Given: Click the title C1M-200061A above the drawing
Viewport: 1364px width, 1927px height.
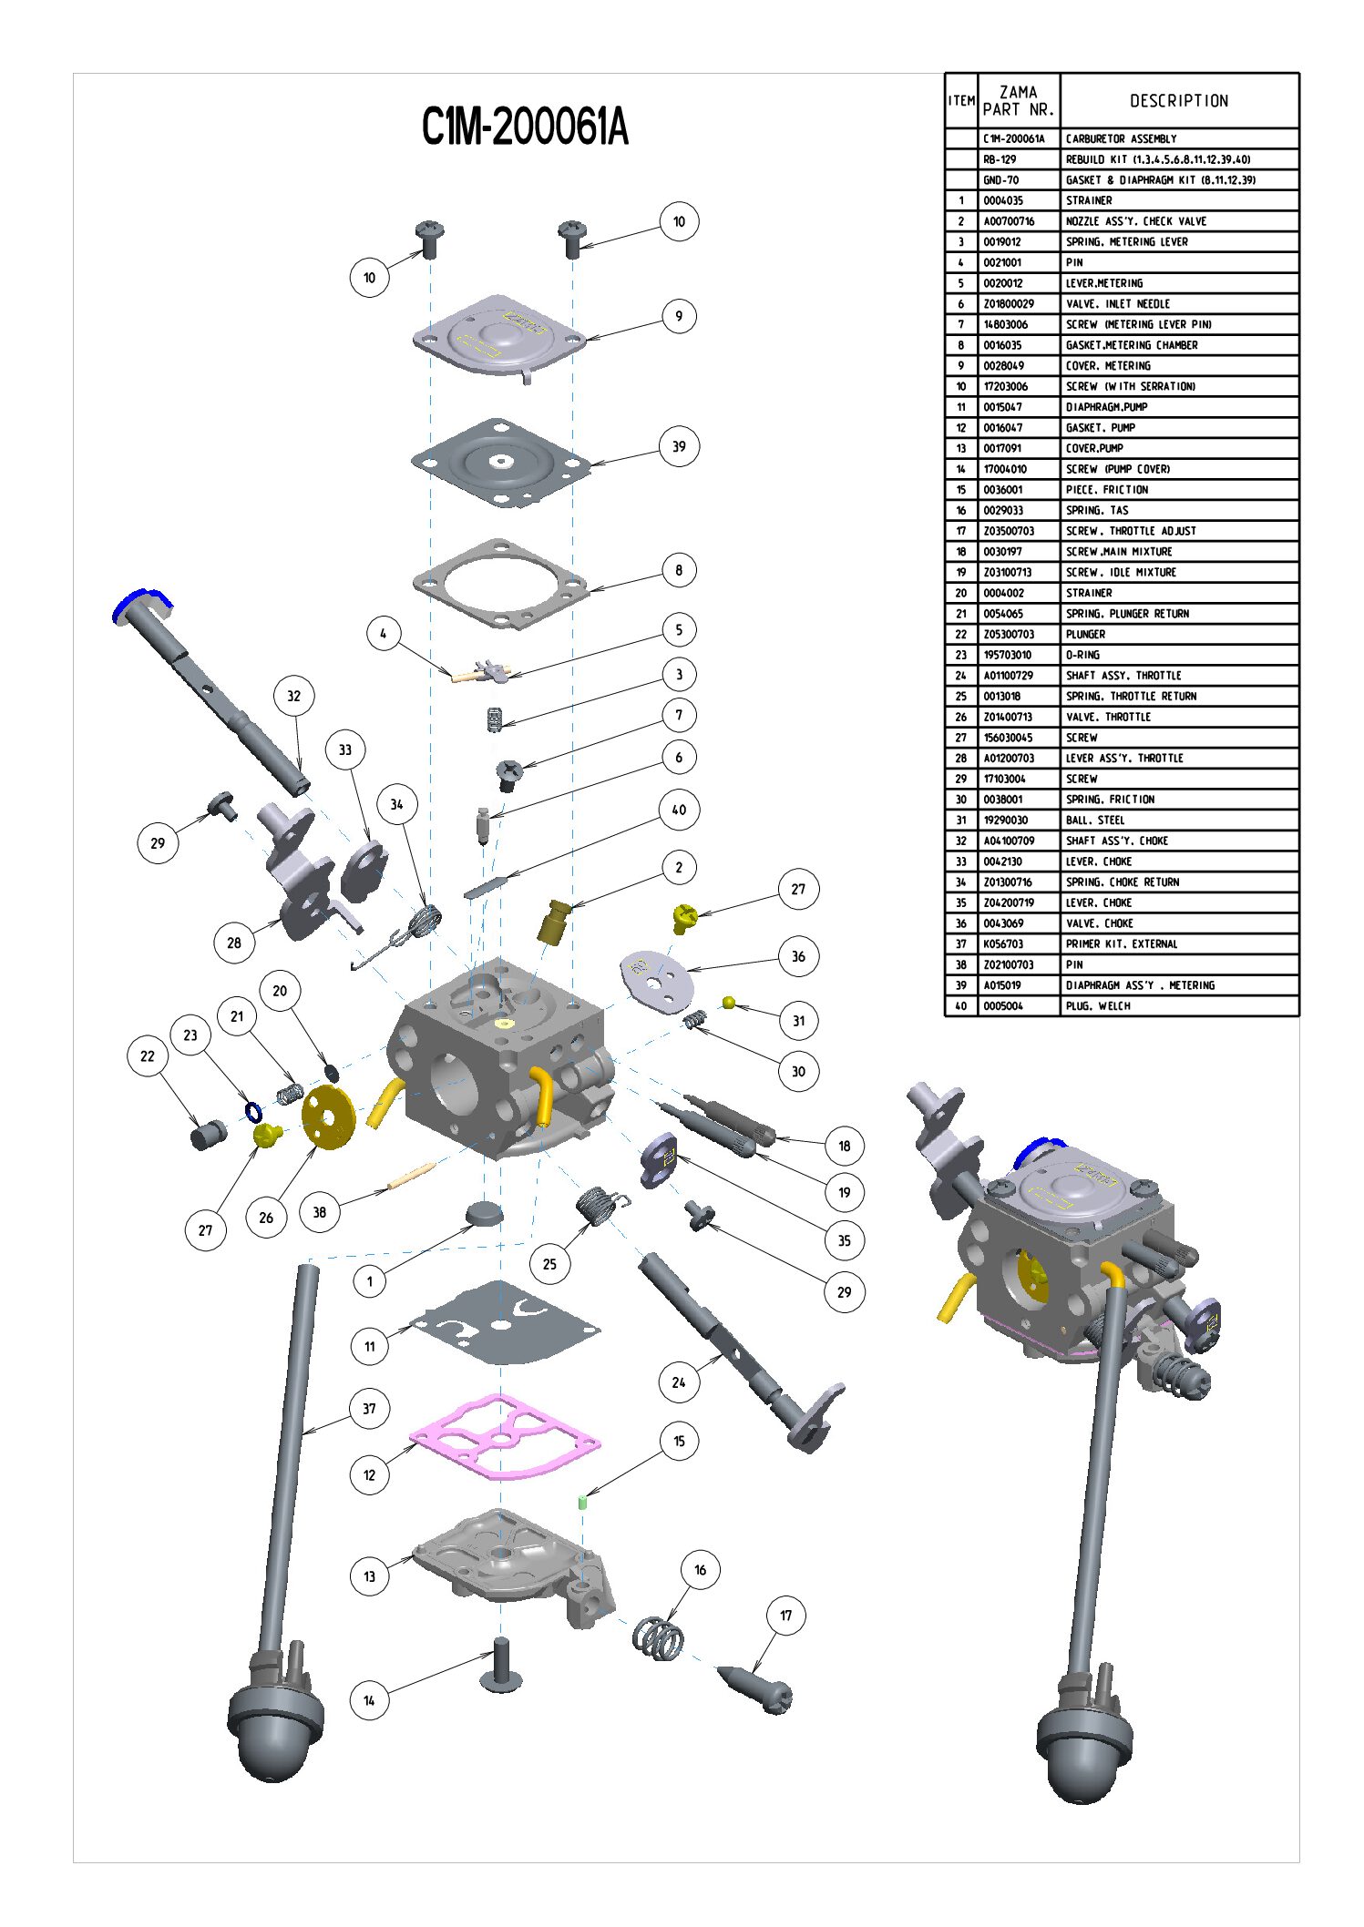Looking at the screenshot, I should pos(525,127).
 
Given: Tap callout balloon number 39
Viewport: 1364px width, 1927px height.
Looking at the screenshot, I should pos(679,446).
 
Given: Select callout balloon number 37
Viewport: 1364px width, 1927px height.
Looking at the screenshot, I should pos(369,1408).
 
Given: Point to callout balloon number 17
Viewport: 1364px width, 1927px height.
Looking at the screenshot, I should pos(785,1616).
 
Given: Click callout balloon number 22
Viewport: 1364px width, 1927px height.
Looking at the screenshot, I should pos(148,1056).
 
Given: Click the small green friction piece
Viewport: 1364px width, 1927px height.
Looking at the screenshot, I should pos(582,1503).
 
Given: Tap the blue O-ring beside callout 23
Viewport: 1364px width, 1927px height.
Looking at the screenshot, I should pos(253,1111).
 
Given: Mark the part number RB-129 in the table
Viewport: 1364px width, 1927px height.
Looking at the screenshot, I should pos(1000,159).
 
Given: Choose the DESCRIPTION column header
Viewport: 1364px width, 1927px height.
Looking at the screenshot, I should pos(1179,101).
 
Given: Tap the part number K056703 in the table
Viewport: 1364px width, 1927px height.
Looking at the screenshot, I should pos(1003,943).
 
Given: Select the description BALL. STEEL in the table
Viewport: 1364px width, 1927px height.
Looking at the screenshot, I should pos(1098,820).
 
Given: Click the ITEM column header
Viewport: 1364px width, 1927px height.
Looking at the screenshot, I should pos(961,101).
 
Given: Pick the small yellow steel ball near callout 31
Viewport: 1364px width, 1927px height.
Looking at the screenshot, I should pos(728,1003).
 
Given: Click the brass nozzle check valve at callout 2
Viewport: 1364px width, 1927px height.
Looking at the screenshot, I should pos(554,922).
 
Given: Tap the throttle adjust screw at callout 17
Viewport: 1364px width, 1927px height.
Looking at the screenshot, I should pos(756,1686).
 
